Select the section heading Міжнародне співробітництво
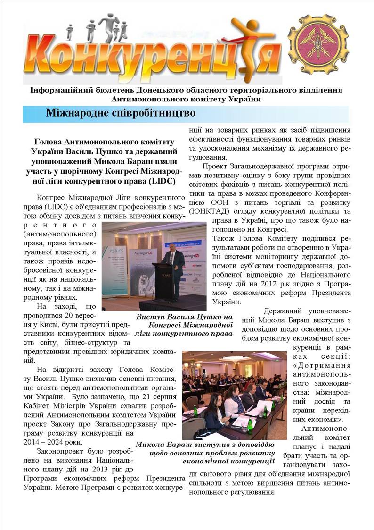coord(120,113)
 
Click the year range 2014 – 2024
coord(44,442)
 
